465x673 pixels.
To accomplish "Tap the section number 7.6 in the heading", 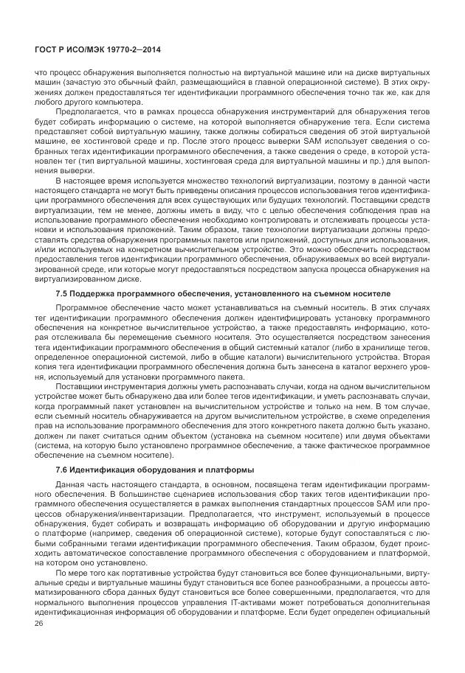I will [62, 470].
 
